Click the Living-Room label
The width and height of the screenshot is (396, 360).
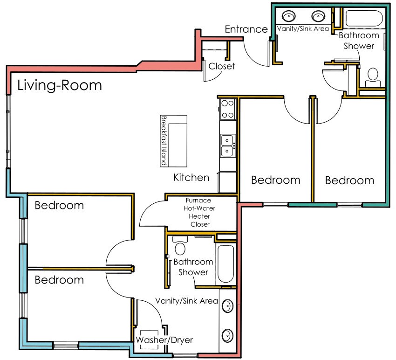tap(59, 85)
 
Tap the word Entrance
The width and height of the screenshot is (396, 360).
tap(246, 29)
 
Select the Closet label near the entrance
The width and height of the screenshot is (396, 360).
tap(222, 66)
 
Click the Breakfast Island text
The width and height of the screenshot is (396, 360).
tap(164, 140)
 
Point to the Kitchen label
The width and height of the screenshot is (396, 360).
tap(191, 177)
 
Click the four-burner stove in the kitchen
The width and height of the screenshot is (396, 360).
tap(227, 109)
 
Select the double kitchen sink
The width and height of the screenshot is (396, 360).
tap(227, 145)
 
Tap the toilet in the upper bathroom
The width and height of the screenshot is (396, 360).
tap(373, 77)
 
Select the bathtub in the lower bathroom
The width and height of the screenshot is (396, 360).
tap(226, 263)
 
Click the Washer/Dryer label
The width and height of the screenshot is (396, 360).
tap(164, 340)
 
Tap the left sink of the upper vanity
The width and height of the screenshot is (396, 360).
tap(289, 16)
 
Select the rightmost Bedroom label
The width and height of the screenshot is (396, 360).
tap(349, 180)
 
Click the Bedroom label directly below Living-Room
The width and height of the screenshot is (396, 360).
tap(59, 205)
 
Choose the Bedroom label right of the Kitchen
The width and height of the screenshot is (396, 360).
tap(275, 180)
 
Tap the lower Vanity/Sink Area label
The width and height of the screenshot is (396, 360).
tap(187, 301)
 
